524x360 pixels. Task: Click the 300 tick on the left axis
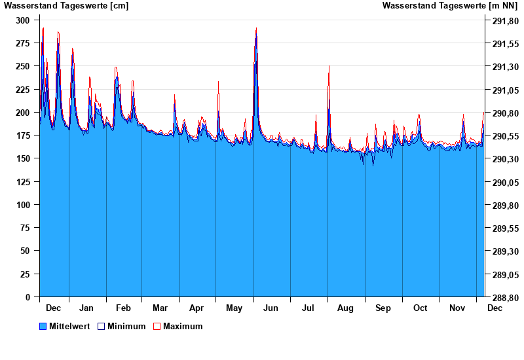[x=23, y=20]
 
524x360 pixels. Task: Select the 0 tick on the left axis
[x=28, y=297]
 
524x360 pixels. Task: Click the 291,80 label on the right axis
[x=505, y=20]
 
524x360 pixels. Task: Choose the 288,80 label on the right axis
[x=505, y=297]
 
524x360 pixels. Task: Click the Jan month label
[x=86, y=308]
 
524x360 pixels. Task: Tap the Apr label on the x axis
[x=196, y=308]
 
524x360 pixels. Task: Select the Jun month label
[x=271, y=308]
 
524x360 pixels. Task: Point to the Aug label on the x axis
[x=345, y=308]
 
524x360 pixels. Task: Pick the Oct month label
[x=420, y=308]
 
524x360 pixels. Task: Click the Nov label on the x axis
[x=457, y=308]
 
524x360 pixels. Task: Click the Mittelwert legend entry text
[x=70, y=326]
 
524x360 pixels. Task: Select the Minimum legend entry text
[x=126, y=326]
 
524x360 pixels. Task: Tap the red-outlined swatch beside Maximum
[x=157, y=326]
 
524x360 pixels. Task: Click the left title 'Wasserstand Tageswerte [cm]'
[x=66, y=6]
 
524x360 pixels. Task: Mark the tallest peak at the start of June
[x=256, y=29]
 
